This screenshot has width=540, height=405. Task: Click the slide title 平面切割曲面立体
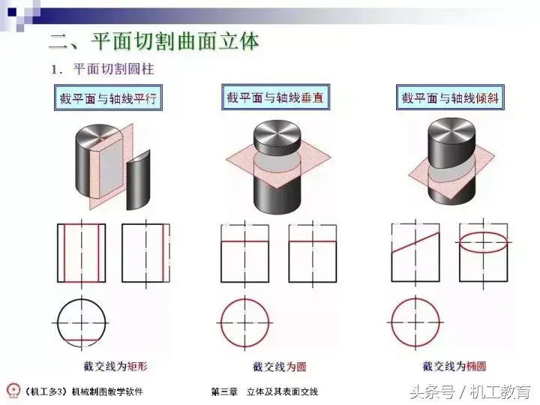(x=175, y=42)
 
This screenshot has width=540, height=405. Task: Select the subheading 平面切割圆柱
(x=114, y=69)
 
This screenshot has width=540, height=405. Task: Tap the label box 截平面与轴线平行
(x=108, y=98)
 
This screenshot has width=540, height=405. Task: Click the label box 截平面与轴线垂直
(x=275, y=97)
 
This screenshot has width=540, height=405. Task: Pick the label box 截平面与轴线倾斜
(x=450, y=97)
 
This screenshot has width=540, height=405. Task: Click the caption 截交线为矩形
(x=115, y=366)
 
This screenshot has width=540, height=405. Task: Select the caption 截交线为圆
(x=279, y=367)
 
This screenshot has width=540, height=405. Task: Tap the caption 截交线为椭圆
(x=454, y=366)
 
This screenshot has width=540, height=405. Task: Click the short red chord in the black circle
(x=82, y=340)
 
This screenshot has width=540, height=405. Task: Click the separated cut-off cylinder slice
(x=139, y=180)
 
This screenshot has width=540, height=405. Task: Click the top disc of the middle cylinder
(x=277, y=133)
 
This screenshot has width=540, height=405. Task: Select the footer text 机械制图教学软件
(x=107, y=391)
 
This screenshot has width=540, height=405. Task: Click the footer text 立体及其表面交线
(x=283, y=391)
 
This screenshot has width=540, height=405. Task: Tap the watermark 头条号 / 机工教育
(x=470, y=392)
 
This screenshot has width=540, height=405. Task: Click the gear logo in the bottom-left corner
(x=13, y=391)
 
